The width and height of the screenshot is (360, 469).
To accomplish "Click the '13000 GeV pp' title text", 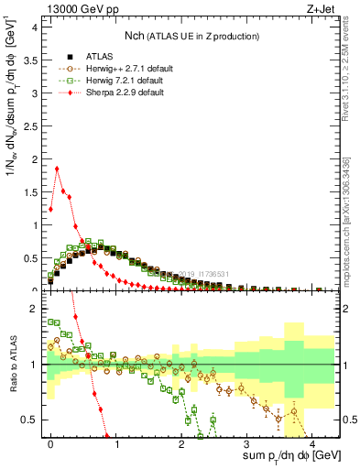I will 76,9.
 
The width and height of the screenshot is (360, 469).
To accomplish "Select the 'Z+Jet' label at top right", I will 319,9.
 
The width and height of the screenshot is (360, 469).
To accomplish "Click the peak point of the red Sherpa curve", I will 58,168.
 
